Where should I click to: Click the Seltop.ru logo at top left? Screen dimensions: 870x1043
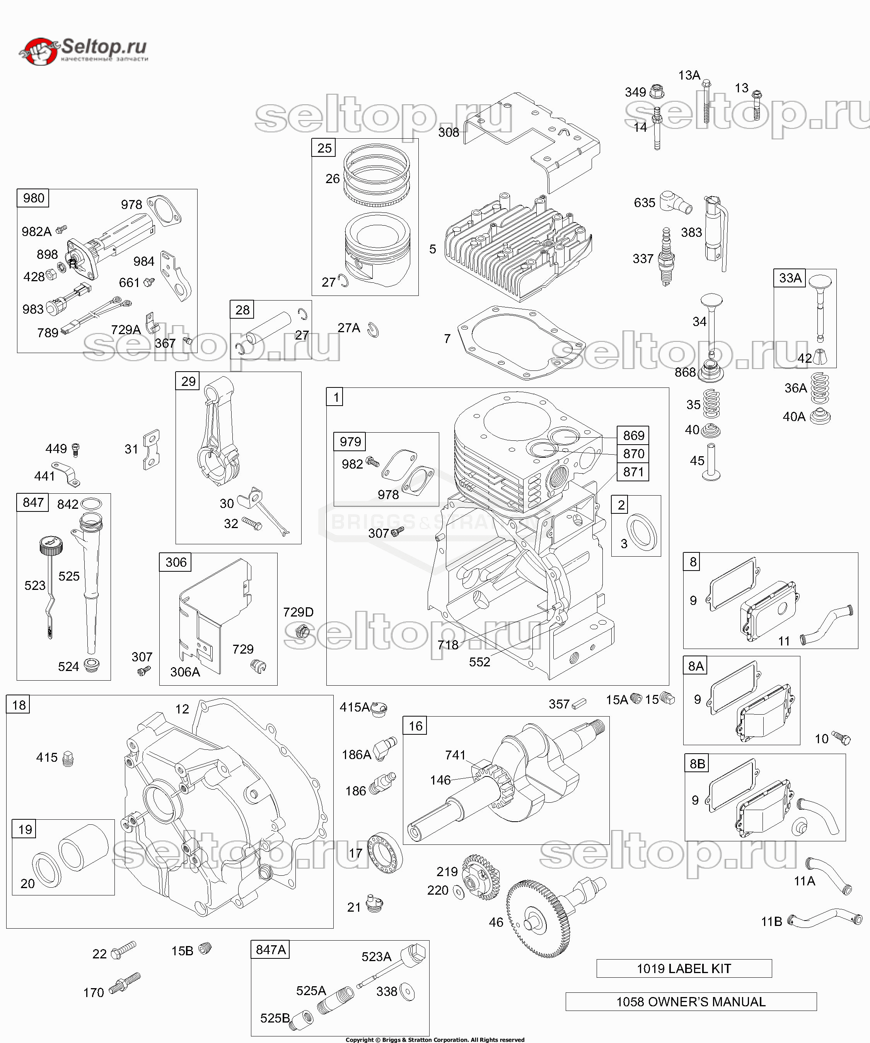point(84,51)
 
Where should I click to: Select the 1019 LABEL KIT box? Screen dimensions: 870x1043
point(684,968)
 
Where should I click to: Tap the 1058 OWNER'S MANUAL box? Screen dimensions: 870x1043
point(691,1002)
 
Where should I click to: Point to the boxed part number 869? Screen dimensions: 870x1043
point(633,436)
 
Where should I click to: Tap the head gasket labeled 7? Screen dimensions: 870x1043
point(521,343)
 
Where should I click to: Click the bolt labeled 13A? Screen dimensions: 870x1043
point(707,102)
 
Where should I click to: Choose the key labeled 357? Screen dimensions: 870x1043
point(579,703)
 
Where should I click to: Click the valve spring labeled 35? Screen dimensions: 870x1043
point(711,404)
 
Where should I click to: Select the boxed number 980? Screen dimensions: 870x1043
point(33,198)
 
